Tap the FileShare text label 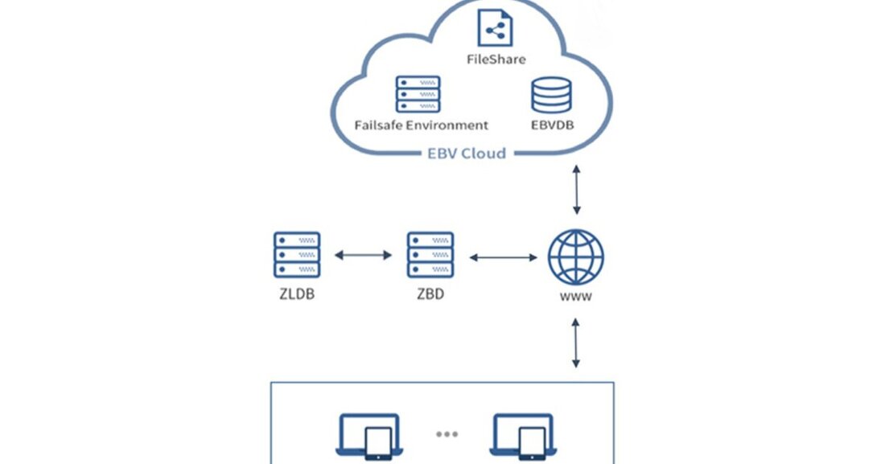(x=496, y=60)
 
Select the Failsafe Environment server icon (x=418, y=94)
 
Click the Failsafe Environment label (x=421, y=125)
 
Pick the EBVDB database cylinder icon (x=551, y=95)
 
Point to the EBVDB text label (x=552, y=125)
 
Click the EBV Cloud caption (x=467, y=153)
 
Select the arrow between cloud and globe (x=576, y=189)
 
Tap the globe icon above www (x=576, y=257)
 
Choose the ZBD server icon (x=430, y=255)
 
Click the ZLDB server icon (x=297, y=255)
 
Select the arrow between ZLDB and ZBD (x=363, y=256)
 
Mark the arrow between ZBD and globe (x=503, y=257)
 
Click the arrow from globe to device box (x=576, y=342)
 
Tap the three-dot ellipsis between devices (x=447, y=434)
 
